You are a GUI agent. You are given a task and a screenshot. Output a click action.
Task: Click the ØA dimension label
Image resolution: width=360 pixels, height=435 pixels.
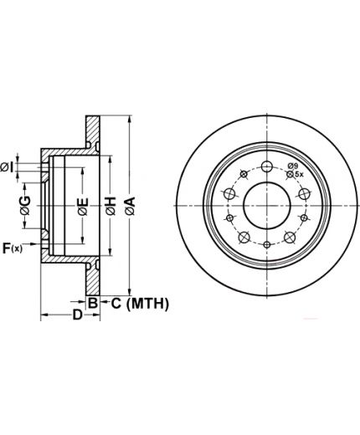[x=130, y=206]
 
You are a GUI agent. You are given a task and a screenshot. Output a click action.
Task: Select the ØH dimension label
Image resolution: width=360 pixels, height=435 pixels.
[x=111, y=206]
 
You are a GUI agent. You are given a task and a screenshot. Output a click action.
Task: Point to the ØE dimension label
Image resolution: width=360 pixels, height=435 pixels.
[x=83, y=207]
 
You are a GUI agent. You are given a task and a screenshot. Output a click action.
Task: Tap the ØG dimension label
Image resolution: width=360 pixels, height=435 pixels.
[x=25, y=206]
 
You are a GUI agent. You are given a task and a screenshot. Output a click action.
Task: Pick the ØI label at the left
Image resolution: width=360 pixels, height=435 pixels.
[x=7, y=167]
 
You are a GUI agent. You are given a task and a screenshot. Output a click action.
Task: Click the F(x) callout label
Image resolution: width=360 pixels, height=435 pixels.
[x=13, y=248]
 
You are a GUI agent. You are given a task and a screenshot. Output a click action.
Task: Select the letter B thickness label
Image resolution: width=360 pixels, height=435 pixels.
[x=92, y=303]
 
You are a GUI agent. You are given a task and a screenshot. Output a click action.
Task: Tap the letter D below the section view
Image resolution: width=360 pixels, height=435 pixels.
[x=78, y=315]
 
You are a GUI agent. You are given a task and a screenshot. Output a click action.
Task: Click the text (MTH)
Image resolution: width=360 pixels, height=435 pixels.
[x=147, y=304]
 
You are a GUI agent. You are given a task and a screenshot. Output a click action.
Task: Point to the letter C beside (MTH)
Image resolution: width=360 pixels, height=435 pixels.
[x=116, y=304]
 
